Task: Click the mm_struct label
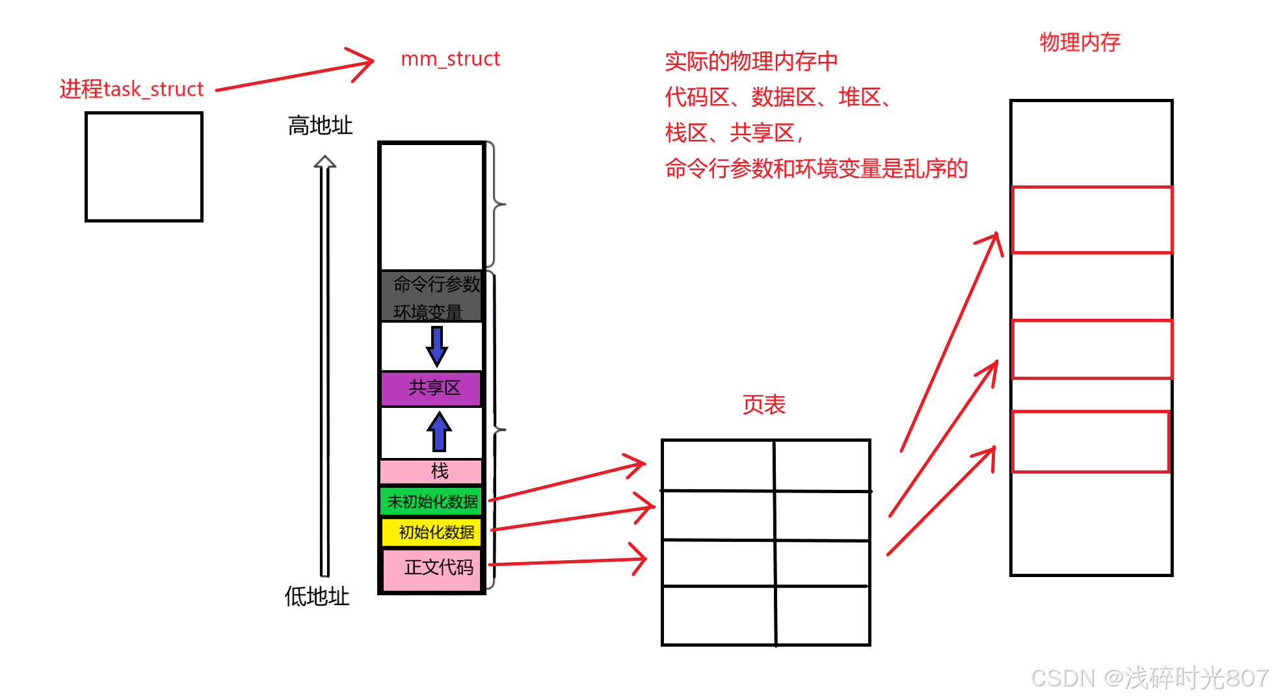point(450,59)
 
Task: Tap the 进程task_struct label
point(131,89)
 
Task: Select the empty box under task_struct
point(144,167)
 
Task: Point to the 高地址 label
point(320,125)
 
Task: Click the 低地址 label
point(317,596)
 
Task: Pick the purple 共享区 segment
point(432,388)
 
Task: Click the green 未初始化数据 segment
point(432,501)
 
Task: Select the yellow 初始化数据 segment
point(432,532)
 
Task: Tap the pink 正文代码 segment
point(432,569)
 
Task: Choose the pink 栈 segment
point(432,470)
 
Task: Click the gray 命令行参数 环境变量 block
point(432,297)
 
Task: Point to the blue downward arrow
point(437,346)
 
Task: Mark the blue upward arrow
point(439,431)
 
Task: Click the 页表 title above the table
point(763,405)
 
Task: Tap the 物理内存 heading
point(1080,42)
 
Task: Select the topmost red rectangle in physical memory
point(1091,220)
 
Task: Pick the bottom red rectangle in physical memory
point(1090,442)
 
